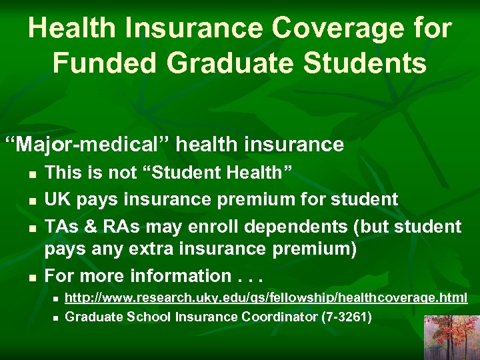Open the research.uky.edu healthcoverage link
coord(266,297)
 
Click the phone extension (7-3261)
coord(346,317)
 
